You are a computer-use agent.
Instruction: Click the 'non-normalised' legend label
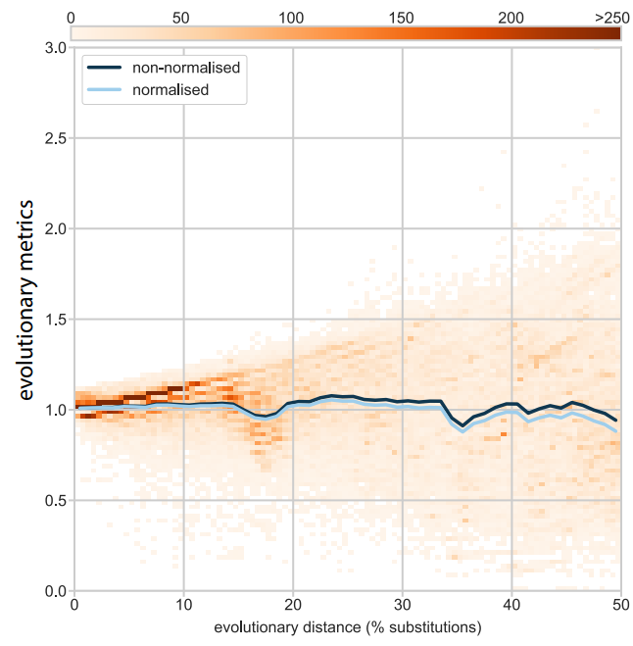pos(186,68)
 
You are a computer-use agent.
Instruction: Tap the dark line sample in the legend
pos(106,68)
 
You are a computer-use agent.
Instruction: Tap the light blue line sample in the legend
pos(106,89)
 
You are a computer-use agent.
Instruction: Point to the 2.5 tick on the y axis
pos(53,138)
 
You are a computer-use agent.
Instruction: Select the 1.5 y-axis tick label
pos(53,320)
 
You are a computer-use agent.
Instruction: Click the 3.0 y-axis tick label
pos(53,48)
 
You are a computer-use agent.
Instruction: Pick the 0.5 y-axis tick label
pos(53,501)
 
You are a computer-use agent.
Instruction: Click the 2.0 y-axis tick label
pos(53,229)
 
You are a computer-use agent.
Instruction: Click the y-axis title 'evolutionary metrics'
pos(27,300)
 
